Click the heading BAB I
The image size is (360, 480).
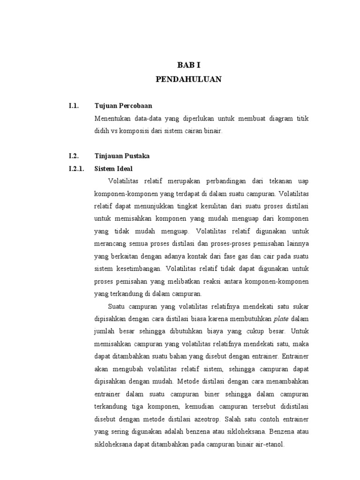click(188, 65)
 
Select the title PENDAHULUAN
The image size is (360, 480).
click(188, 80)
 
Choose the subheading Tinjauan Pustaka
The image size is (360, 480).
click(121, 156)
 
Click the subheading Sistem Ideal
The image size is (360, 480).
click(113, 168)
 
